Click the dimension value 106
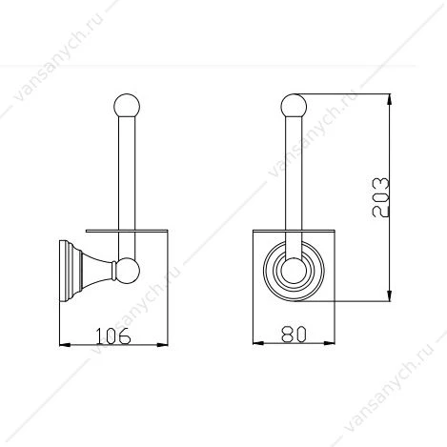pyautogui.click(x=113, y=335)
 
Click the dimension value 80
pyautogui.click(x=294, y=335)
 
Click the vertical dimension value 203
pyautogui.click(x=380, y=197)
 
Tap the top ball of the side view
pyautogui.click(x=127, y=106)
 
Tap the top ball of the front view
pyautogui.click(x=294, y=106)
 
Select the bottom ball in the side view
pyautogui.click(x=127, y=270)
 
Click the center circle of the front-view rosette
pyautogui.click(x=294, y=271)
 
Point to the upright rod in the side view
pyautogui.click(x=127, y=188)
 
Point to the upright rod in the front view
pyautogui.click(x=294, y=188)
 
